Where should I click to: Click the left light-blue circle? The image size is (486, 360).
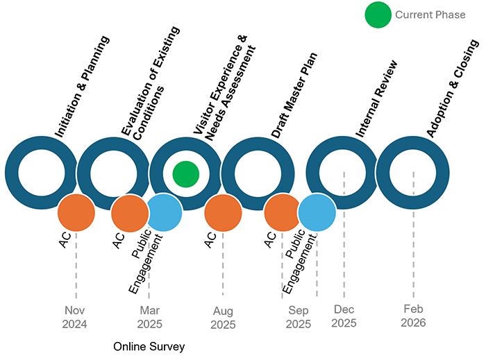165,212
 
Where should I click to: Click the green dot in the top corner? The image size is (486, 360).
378,13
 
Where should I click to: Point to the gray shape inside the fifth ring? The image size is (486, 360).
340,173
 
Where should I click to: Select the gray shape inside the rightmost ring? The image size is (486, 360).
412,173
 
